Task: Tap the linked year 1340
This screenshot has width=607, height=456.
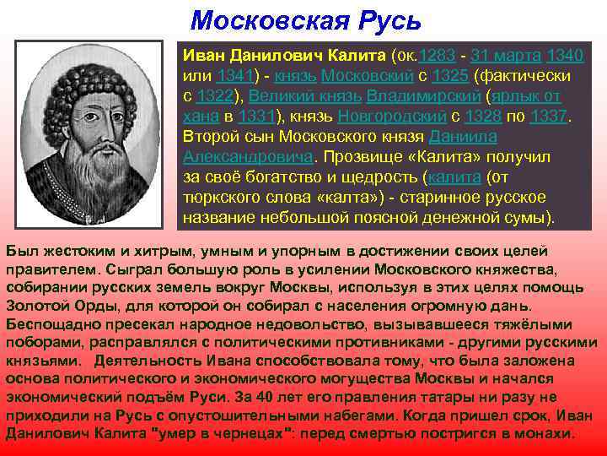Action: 565,56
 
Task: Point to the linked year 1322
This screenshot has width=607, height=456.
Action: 217,96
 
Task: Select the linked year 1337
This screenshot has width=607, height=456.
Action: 551,117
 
